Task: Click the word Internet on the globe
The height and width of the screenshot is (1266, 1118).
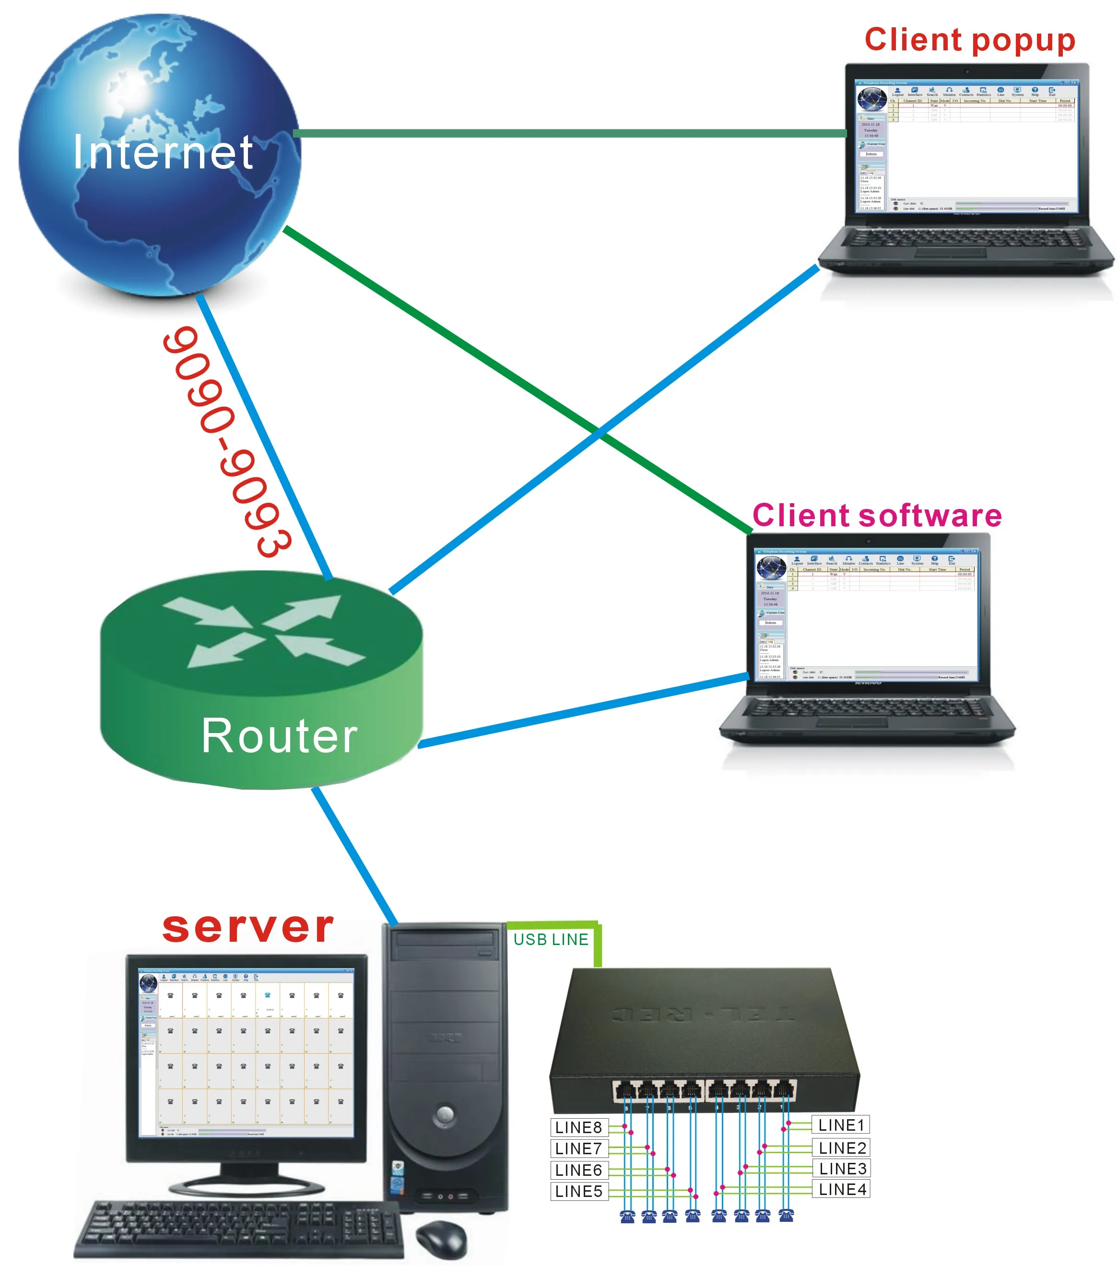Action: click(162, 153)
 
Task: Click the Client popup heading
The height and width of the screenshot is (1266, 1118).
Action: click(969, 40)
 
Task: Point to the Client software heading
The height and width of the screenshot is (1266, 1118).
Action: click(876, 516)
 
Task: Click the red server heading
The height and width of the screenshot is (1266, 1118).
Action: click(248, 928)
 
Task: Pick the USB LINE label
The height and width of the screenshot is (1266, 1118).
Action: click(551, 940)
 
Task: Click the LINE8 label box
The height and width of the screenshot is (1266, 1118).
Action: click(578, 1127)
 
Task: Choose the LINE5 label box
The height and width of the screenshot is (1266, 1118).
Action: click(578, 1191)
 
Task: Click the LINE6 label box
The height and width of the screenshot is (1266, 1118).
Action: click(578, 1170)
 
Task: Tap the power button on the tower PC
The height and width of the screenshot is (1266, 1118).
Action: click(444, 1115)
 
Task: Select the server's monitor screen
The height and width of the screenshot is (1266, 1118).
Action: click(247, 1053)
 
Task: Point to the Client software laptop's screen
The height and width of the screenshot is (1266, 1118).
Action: click(867, 613)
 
